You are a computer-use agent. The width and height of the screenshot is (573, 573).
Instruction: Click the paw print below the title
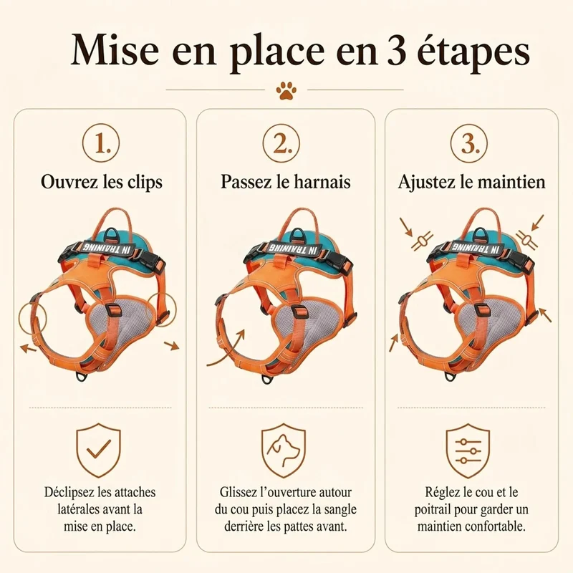pos(286,90)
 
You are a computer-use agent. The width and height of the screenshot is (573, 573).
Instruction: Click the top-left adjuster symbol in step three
pos(422,241)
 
